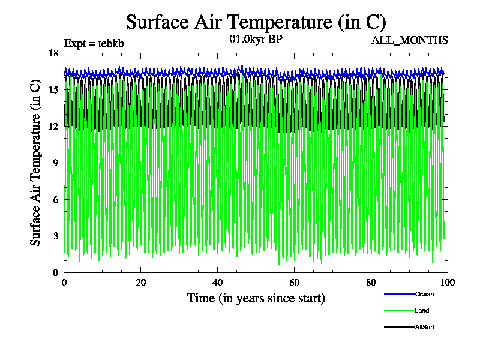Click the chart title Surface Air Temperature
(x=256, y=22)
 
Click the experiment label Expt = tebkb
(x=94, y=43)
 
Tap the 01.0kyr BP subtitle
(x=256, y=40)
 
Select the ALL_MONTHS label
(x=410, y=40)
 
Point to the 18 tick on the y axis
(x=53, y=53)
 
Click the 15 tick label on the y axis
(x=53, y=89)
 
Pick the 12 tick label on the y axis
(x=53, y=126)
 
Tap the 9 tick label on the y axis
(x=56, y=163)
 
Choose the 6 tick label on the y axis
(x=56, y=199)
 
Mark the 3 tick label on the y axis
(x=56, y=236)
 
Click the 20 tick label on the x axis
(x=140, y=283)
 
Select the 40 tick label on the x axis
(x=217, y=283)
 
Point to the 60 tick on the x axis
(x=294, y=283)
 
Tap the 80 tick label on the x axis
(x=371, y=283)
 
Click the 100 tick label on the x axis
(x=448, y=283)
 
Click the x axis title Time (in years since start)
(x=256, y=298)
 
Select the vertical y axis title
(x=36, y=163)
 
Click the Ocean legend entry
(x=424, y=294)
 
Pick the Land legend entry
(x=422, y=311)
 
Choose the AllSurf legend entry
(x=424, y=327)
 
